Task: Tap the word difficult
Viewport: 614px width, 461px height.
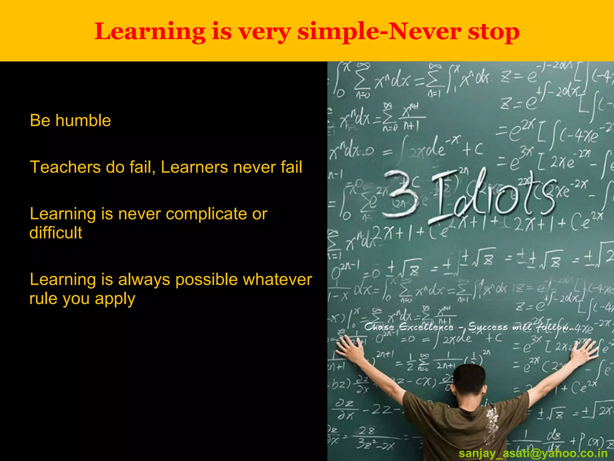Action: tap(56, 233)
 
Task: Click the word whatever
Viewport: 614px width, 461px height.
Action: tap(277, 280)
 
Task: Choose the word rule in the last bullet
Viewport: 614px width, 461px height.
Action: tap(42, 299)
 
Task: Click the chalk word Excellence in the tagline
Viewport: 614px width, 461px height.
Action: tap(426, 327)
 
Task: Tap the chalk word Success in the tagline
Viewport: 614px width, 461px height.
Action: tap(488, 327)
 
